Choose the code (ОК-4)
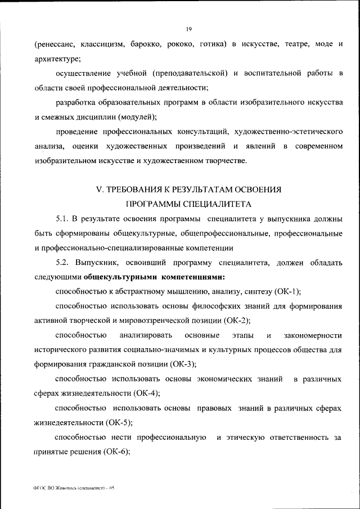(x=146, y=393)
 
